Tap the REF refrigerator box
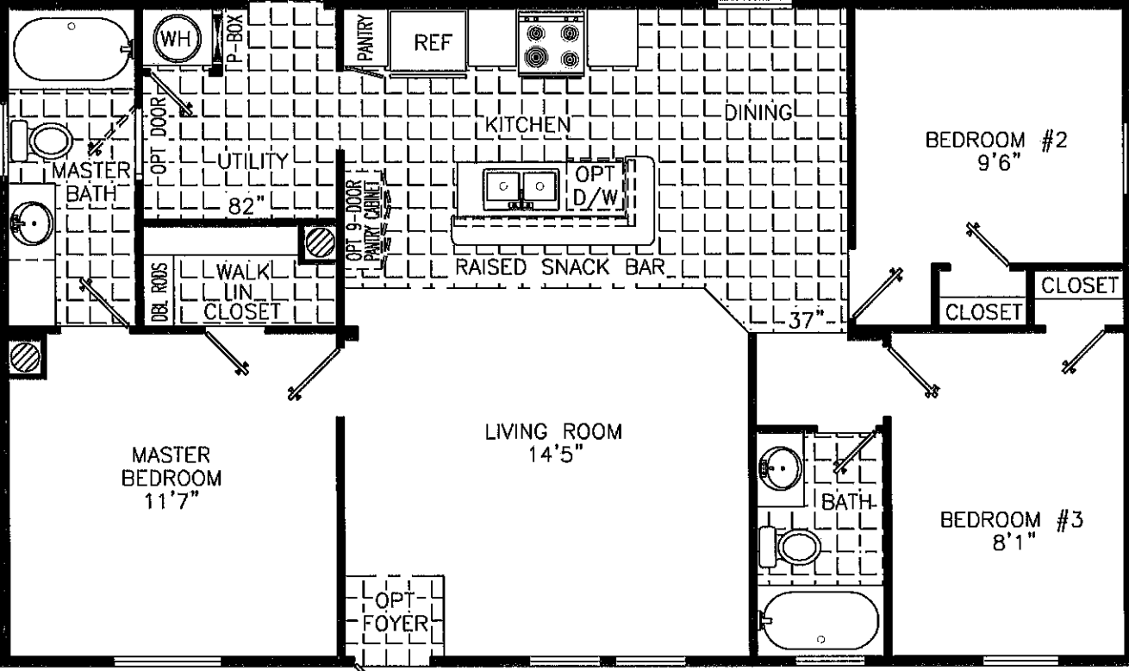pos(427,43)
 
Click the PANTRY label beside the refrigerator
pos(365,39)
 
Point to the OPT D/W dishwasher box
pos(595,185)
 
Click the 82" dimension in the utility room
pos(245,207)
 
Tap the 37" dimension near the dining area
pos(806,319)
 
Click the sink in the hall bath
pos(780,467)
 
